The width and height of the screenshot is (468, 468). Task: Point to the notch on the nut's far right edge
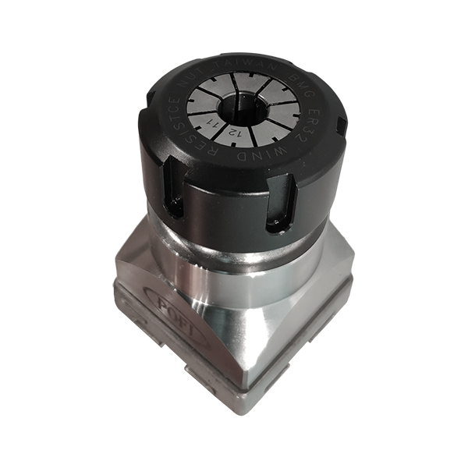point(340,126)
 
